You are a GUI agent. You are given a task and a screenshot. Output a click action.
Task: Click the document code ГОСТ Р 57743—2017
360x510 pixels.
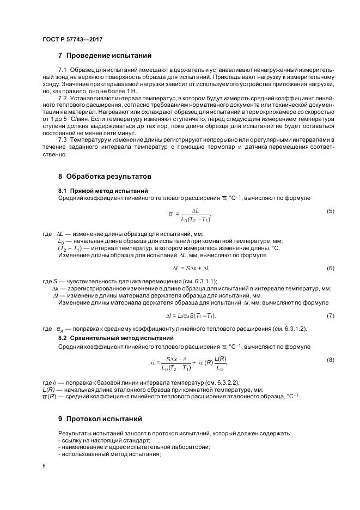click(72, 39)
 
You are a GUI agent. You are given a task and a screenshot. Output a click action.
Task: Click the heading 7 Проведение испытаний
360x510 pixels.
click(105, 56)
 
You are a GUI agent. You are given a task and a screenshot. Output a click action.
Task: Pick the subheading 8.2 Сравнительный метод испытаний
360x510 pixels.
click(115, 338)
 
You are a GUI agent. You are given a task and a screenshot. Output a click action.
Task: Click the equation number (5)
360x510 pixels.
click(330, 211)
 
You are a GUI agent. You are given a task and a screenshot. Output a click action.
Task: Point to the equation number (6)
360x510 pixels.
click(330, 269)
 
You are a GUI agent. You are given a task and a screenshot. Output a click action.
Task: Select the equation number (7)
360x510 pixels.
click(330, 315)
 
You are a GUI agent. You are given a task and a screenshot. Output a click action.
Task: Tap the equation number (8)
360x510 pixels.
click(330, 360)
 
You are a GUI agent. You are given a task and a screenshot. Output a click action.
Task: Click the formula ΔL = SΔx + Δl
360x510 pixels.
click(191, 269)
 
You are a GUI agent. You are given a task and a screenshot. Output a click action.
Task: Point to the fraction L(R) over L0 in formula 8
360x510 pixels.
click(221, 362)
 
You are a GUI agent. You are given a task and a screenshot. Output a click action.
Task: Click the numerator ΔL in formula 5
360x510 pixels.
click(196, 210)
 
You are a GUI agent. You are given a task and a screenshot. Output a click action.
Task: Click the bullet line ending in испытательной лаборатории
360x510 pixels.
click(133, 447)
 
